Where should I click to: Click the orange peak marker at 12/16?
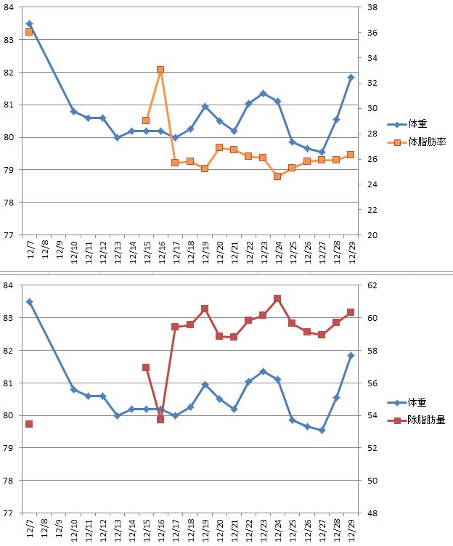pyautogui.click(x=160, y=70)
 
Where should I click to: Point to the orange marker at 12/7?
pyautogui.click(x=29, y=32)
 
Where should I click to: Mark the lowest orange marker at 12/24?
pyautogui.click(x=277, y=176)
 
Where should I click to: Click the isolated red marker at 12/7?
pyautogui.click(x=29, y=424)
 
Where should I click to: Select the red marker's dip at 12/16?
pyautogui.click(x=160, y=420)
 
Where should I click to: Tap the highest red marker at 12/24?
pyautogui.click(x=277, y=298)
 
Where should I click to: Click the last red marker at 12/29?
pyautogui.click(x=351, y=312)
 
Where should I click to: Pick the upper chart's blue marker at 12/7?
pyautogui.click(x=29, y=24)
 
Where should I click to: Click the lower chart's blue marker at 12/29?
pyautogui.click(x=351, y=355)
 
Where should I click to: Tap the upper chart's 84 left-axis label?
pyautogui.click(x=9, y=7)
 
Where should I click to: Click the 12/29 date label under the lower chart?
pyautogui.click(x=351, y=529)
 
